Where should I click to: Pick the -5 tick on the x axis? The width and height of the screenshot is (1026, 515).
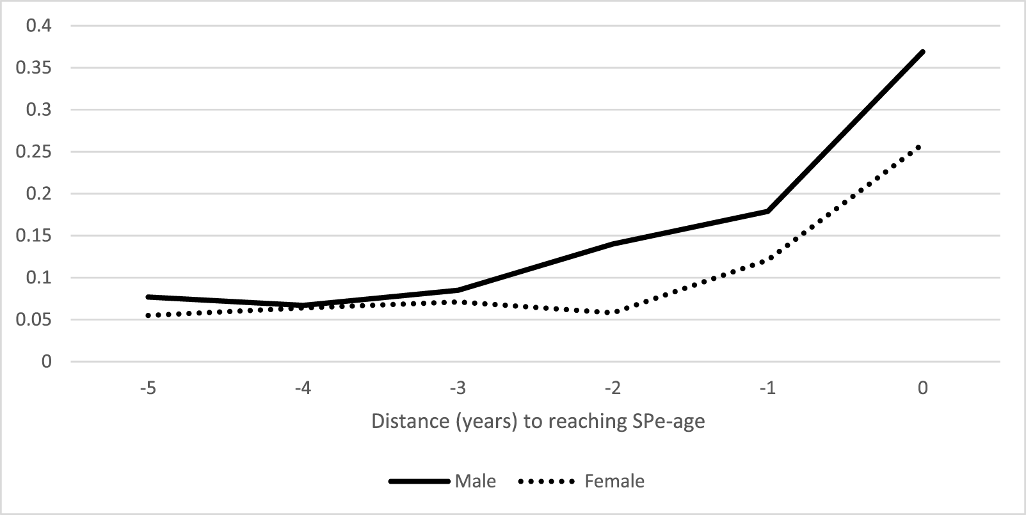[148, 388]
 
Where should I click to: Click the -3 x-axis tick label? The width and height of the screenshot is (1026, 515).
[458, 388]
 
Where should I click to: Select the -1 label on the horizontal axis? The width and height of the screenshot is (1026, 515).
[767, 388]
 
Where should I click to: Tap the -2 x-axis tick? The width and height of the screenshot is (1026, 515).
[613, 388]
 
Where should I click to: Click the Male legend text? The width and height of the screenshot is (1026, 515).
[475, 481]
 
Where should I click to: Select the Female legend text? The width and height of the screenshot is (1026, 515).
[614, 481]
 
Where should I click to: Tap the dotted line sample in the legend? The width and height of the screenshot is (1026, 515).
[549, 481]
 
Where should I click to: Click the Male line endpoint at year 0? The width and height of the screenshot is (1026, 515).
[922, 52]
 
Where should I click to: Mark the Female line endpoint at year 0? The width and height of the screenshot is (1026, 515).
[920, 147]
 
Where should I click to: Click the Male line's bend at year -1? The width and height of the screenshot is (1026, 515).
[767, 211]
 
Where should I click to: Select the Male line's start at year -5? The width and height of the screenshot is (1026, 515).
[148, 297]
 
